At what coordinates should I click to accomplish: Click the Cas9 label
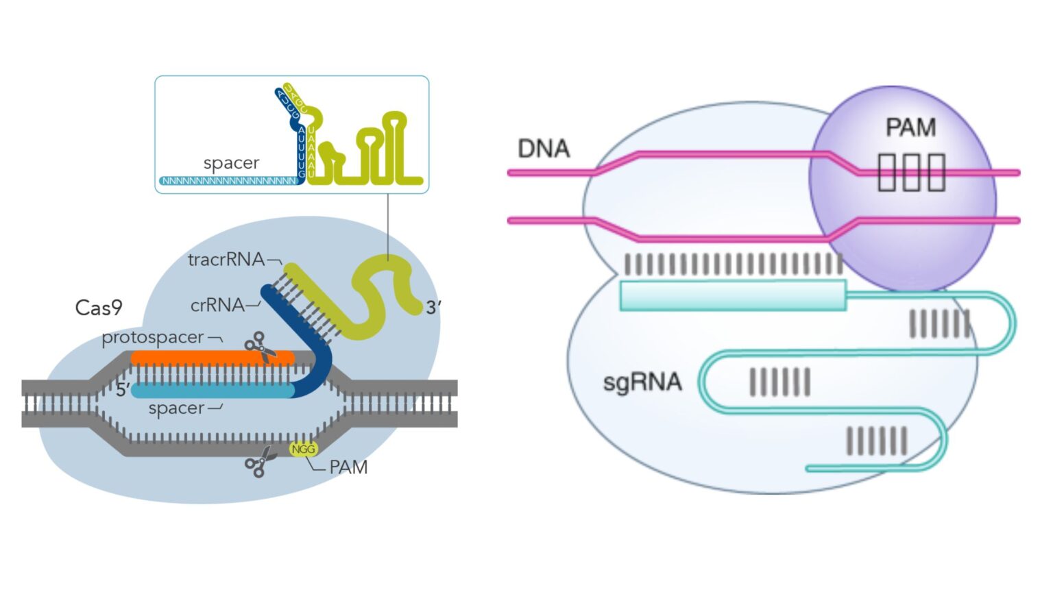[98, 308]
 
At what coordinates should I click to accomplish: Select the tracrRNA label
[226, 260]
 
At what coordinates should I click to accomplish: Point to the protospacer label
[152, 337]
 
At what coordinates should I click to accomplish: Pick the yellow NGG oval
[302, 449]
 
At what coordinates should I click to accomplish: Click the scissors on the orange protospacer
[260, 347]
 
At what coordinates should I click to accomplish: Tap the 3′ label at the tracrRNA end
[433, 308]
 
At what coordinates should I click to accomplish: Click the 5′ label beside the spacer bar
[122, 390]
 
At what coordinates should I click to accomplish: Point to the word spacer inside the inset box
[231, 163]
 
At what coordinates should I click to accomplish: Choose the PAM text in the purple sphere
[910, 127]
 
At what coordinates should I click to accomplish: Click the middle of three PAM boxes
[911, 172]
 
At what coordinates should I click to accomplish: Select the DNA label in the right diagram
[544, 149]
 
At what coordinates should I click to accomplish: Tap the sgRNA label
[642, 382]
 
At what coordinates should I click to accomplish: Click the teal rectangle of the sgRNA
[732, 295]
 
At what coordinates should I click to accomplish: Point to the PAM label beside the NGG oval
[348, 467]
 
